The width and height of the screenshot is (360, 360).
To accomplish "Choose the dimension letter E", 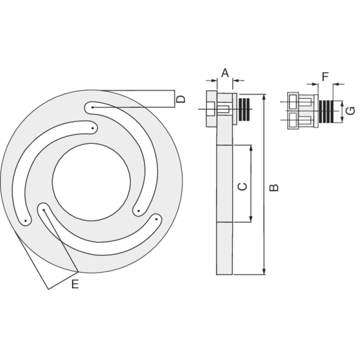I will coord(75,284).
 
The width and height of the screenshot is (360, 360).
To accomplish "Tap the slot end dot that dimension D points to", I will coord(92,108).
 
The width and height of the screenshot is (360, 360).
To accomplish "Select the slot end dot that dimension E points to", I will coord(44,209).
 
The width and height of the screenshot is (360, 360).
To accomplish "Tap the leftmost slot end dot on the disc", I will coord(26,221).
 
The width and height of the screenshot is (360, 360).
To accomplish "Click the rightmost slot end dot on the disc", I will coord(157,219).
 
